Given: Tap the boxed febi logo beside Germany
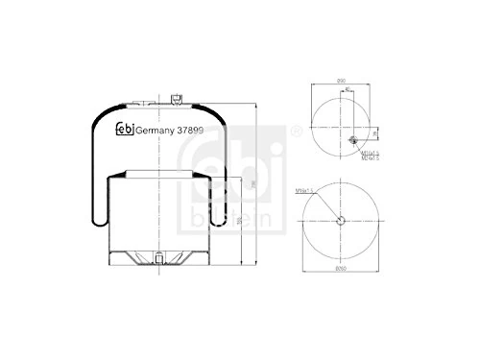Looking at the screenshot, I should pos(125,132).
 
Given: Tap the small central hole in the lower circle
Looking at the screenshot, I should pos(342,222).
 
